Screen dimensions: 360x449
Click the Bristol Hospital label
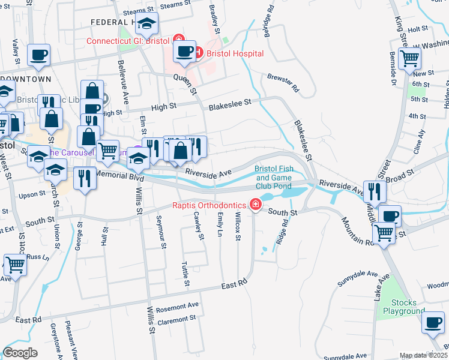pos(235,53)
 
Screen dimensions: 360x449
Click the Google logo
pos(20,352)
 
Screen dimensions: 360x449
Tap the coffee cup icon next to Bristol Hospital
pos(185,51)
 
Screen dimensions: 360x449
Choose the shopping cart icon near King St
pos(410,58)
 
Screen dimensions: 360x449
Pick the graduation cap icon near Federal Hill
pos(146,24)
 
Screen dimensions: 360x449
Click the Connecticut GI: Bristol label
pos(128,41)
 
